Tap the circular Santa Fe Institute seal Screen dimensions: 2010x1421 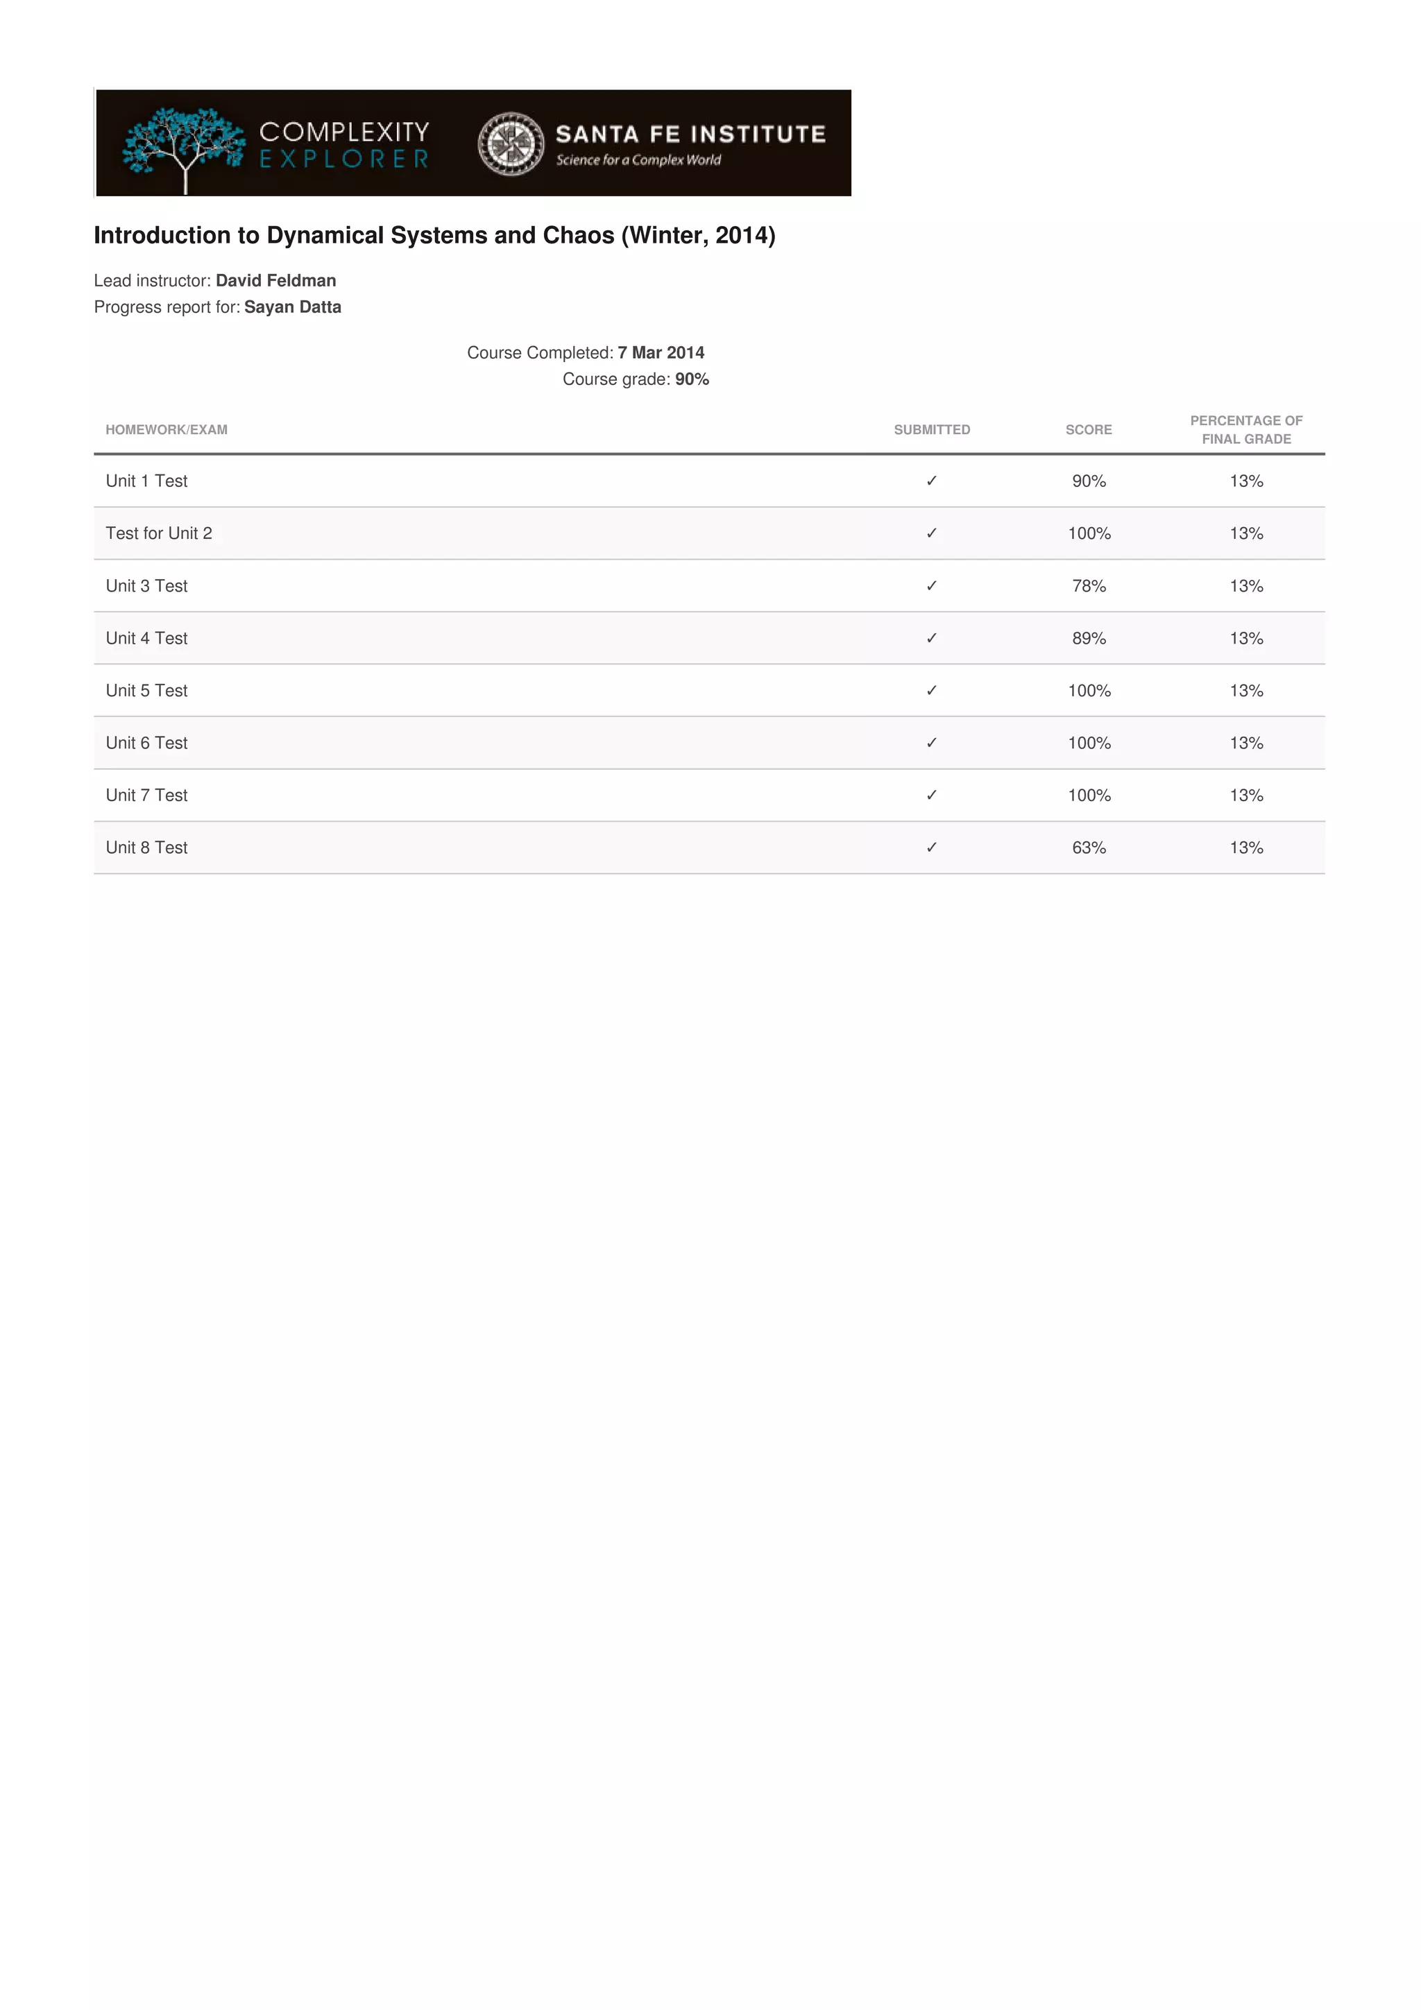tap(511, 144)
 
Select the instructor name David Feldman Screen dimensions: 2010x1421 tap(275, 280)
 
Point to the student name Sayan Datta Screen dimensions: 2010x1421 tap(292, 307)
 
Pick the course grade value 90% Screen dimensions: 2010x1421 tap(692, 379)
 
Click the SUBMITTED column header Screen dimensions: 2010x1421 tap(932, 430)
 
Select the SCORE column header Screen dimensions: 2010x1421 tap(1088, 430)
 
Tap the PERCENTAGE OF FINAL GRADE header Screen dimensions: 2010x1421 tap(1246, 430)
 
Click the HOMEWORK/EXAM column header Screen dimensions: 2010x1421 tap(167, 430)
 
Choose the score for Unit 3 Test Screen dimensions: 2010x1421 tap(1088, 585)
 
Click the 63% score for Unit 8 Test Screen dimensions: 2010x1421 tap(1088, 848)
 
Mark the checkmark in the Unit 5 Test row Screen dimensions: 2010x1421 tap(932, 691)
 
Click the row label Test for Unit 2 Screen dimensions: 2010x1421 tap(158, 533)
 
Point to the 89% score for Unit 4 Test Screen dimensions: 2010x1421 tap(1088, 638)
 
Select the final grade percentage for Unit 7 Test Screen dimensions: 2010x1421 tap(1246, 795)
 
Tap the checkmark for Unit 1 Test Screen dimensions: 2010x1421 tap(932, 481)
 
